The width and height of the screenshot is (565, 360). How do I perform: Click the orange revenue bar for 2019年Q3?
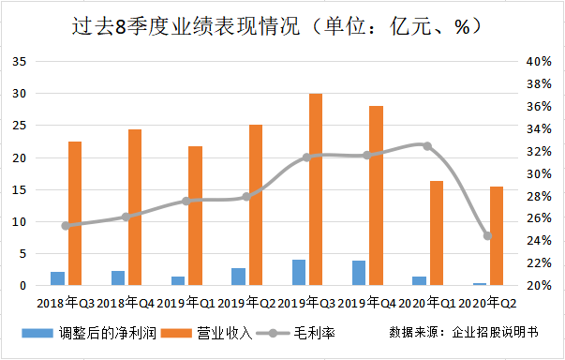point(316,189)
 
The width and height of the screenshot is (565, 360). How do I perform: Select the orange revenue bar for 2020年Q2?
point(497,235)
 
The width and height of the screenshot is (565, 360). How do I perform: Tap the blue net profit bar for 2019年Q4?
point(359,273)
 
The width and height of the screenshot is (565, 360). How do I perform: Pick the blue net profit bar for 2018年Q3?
point(57,278)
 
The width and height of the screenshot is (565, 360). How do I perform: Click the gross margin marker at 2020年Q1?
point(427,146)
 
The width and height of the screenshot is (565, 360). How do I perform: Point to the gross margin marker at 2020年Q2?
point(487,235)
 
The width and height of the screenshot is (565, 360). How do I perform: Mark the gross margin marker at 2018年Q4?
point(126,217)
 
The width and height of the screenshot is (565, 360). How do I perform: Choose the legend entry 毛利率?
point(294,333)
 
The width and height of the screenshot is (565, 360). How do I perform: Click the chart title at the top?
point(281,26)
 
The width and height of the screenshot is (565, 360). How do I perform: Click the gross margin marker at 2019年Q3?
point(306,157)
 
